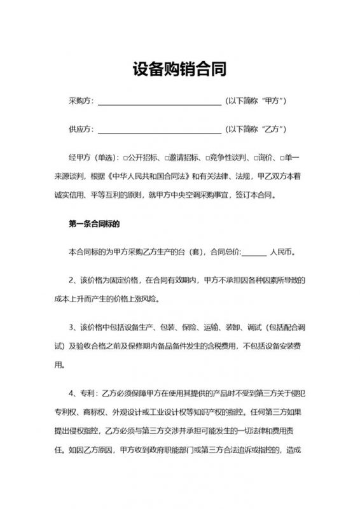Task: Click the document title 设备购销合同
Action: pos(179,68)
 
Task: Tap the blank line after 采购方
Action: pos(159,102)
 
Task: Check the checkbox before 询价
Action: pos(254,157)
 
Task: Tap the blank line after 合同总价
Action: pos(254,253)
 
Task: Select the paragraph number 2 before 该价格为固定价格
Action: pos(71,280)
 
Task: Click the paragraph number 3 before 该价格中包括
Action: pos(71,328)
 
